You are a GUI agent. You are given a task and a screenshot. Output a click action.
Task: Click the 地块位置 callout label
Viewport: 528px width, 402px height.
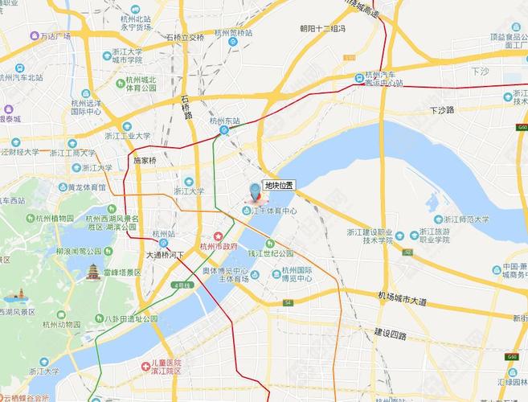pos(279,185)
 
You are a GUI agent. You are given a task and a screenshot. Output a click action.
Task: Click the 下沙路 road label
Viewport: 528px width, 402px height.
pos(443,109)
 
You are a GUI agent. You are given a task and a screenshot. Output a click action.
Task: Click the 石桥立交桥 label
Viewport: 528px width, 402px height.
pos(186,37)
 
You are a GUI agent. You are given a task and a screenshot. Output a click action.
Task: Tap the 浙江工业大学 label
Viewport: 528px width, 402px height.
pos(121,136)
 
